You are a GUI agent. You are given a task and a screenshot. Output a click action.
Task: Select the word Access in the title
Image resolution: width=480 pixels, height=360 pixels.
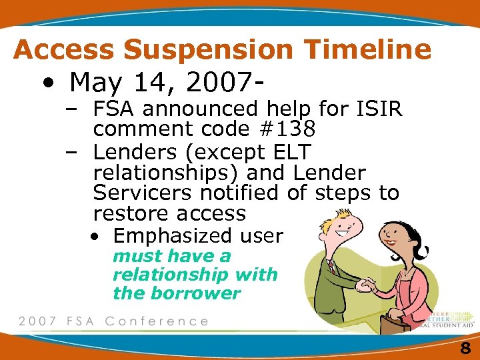(63, 49)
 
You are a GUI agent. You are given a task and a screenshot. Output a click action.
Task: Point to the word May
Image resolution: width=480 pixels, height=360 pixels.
(93, 83)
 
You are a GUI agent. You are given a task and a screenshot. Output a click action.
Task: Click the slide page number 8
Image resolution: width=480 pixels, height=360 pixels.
(465, 348)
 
